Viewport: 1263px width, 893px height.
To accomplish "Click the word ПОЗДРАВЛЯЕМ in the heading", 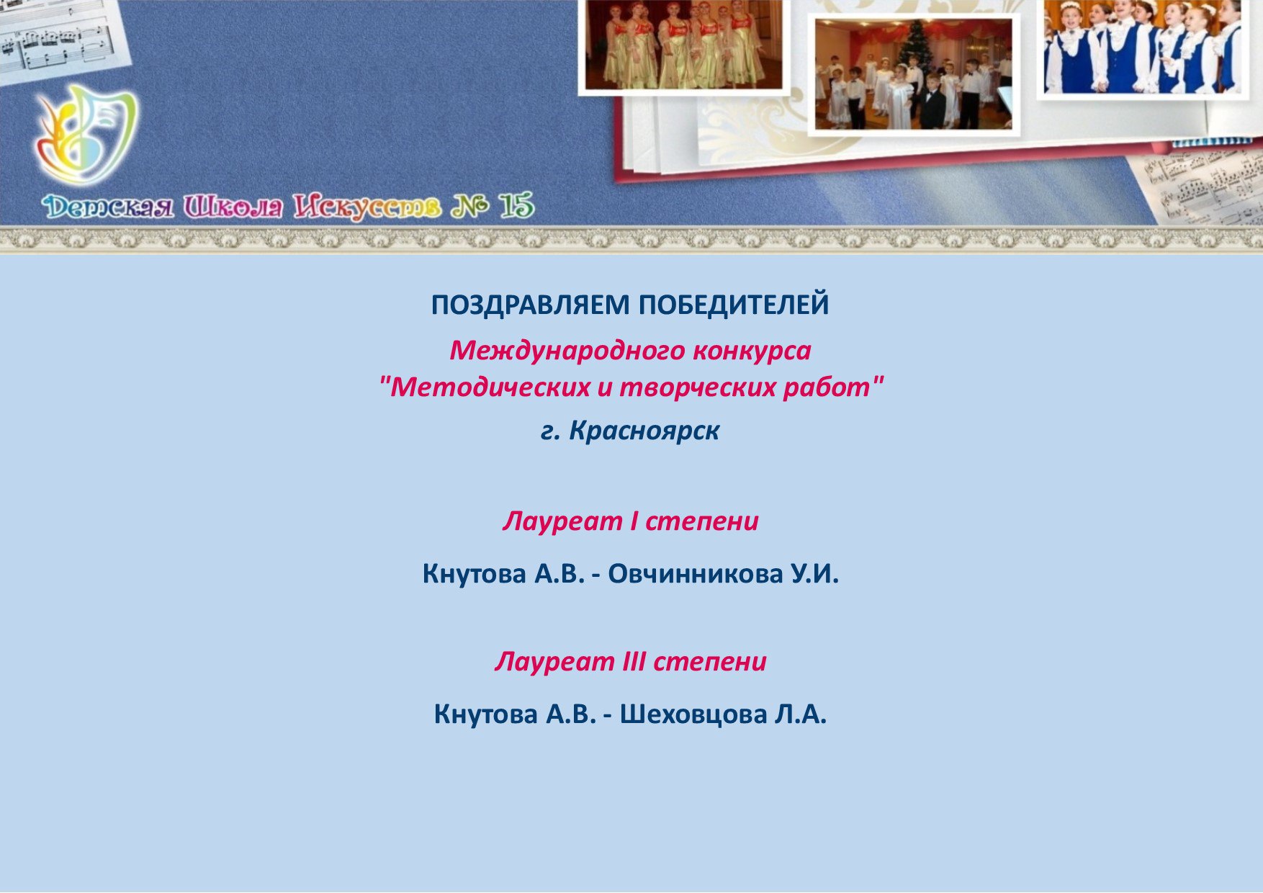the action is coord(530,305).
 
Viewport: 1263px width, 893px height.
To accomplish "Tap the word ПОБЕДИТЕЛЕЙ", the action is coord(734,305).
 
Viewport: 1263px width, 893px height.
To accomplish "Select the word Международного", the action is coord(567,351).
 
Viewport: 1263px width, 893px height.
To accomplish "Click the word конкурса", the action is coord(752,351).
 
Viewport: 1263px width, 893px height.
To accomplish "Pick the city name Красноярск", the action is coord(644,431).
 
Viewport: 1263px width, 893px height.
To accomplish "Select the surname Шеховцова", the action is coord(693,714).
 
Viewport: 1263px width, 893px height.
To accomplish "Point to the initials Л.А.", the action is coord(801,714).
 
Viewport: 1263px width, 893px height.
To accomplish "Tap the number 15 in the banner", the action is coord(517,207).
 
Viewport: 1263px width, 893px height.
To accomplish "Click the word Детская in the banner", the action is coord(108,207).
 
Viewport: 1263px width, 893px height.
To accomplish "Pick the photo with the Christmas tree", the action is coord(914,74).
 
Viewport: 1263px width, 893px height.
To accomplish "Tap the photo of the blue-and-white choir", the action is coord(1143,47).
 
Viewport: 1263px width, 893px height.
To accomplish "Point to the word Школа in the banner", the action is coord(233,207).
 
